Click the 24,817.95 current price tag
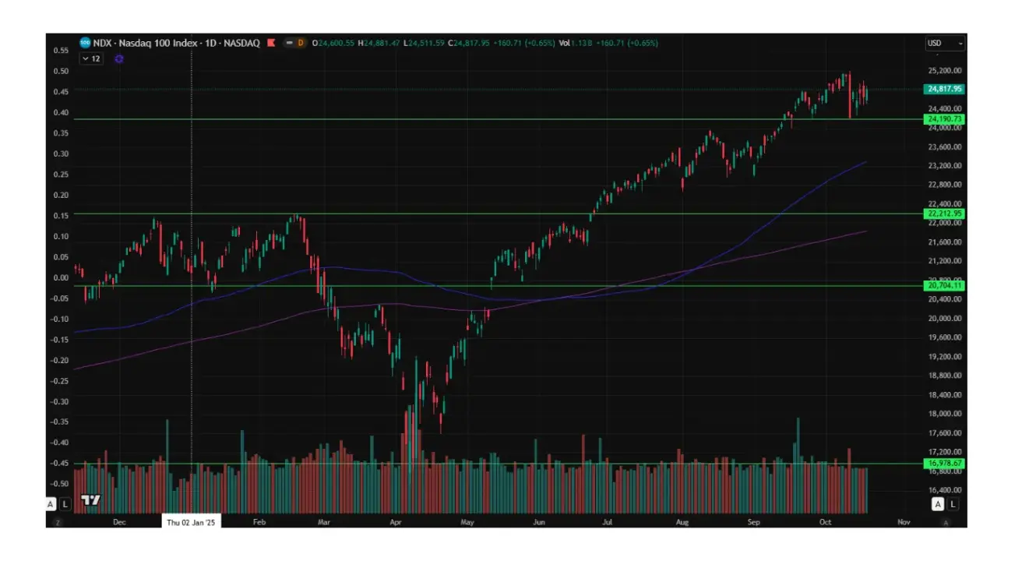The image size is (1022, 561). [943, 89]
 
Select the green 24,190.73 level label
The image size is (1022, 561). [943, 119]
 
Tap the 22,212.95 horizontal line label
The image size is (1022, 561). [943, 213]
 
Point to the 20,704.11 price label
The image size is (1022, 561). [943, 286]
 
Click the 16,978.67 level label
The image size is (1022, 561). [943, 464]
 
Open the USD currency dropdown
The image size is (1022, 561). [944, 44]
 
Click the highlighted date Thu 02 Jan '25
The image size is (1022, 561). [191, 522]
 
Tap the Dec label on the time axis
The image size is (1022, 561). [119, 522]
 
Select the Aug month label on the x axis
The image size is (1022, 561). [683, 522]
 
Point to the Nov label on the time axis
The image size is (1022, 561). [904, 522]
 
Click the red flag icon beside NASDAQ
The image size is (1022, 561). [271, 43]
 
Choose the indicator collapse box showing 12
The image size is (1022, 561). [92, 58]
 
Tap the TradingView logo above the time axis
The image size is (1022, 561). [90, 500]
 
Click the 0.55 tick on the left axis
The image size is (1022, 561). [60, 50]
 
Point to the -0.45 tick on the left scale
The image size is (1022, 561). [59, 463]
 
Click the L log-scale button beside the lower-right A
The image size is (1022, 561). [953, 504]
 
